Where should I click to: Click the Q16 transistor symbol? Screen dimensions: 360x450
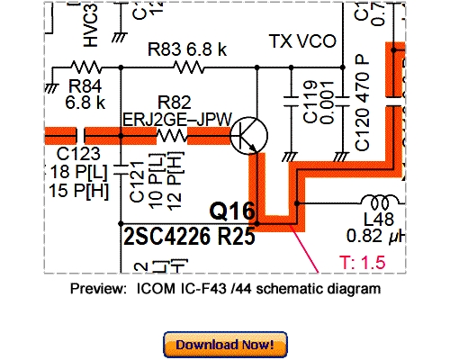[x=248, y=136]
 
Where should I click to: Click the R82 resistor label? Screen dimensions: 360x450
[x=174, y=102]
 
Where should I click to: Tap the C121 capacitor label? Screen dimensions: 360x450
[x=137, y=180]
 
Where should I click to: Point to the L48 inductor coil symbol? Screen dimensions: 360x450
[x=379, y=201]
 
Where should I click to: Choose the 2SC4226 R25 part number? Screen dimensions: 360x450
[x=187, y=237]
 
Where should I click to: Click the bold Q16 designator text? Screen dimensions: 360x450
[x=232, y=212]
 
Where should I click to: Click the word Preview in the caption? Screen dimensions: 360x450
[x=97, y=289]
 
